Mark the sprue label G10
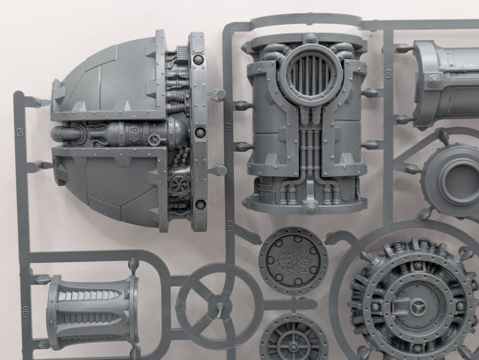26,311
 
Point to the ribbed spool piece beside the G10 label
93,311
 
